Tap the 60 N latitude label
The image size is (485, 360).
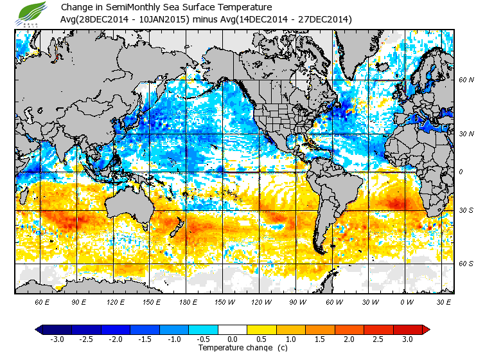coord(466,80)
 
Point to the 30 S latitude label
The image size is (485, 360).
coord(466,211)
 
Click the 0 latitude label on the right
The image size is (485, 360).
coord(461,172)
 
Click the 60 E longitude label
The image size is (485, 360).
coord(43,301)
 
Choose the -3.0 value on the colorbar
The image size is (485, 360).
coord(57,339)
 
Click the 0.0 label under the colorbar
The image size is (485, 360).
coord(233,339)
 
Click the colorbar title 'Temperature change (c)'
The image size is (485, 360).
coord(233,348)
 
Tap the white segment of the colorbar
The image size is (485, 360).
coord(233,329)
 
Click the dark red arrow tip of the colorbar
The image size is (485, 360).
coord(426,329)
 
